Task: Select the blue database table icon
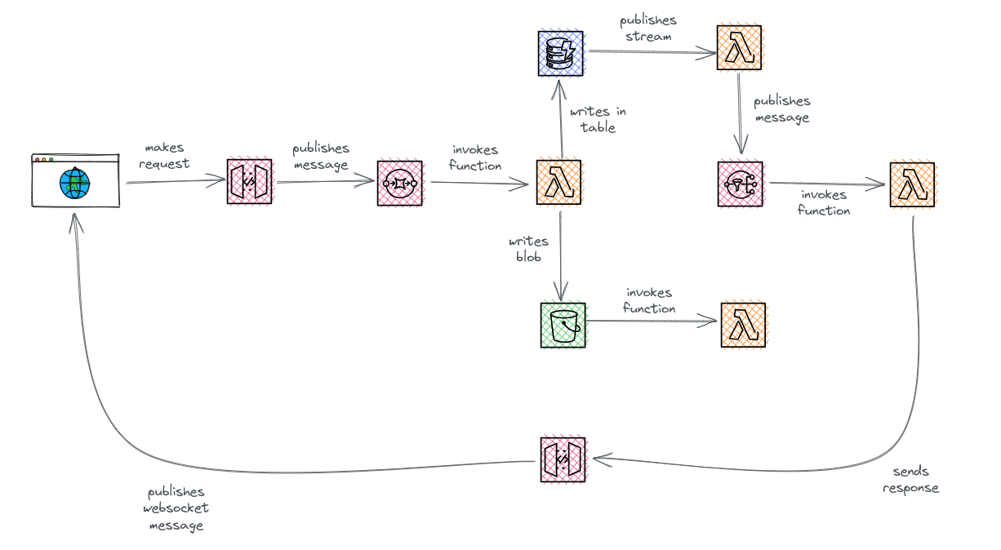coord(560,54)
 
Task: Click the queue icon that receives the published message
coord(400,183)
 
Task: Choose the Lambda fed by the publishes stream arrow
coord(739,48)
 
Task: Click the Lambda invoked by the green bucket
coord(743,325)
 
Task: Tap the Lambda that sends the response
coord(912,184)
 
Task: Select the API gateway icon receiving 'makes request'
coord(249,182)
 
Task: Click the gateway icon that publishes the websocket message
coord(563,459)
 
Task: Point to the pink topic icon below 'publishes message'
coord(740,184)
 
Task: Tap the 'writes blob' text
coord(528,249)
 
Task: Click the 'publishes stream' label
coord(648,28)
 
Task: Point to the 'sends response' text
coord(910,480)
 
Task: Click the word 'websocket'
coord(176,508)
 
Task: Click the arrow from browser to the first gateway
coord(176,183)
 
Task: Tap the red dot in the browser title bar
coord(37,159)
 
